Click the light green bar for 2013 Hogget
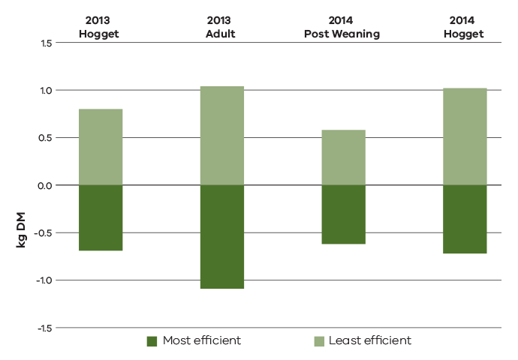101,147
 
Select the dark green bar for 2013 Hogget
101,217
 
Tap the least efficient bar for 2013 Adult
221,136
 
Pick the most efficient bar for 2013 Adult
221,236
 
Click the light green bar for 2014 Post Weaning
343,157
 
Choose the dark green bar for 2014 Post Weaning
343,214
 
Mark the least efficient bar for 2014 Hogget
465,136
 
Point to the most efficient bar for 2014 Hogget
465,219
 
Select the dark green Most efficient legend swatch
152,341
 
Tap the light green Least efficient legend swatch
318,341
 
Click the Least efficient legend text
370,340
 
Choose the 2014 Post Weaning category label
343,28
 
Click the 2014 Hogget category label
464,28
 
